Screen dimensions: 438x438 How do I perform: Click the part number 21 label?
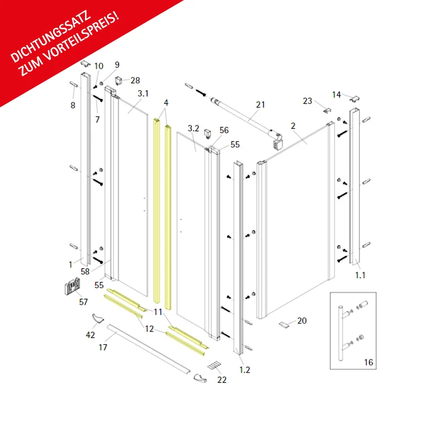point(260,104)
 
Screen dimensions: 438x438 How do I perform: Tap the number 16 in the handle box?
point(369,362)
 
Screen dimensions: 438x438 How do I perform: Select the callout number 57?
point(83,302)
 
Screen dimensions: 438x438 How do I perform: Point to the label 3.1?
point(143,93)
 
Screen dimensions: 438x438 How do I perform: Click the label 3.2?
point(194,128)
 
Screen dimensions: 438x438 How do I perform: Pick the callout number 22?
point(222,380)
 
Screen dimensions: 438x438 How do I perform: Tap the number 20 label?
point(302,321)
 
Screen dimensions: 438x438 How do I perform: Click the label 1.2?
point(244,370)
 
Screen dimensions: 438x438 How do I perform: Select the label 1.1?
point(360,275)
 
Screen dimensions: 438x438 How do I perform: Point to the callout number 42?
point(90,335)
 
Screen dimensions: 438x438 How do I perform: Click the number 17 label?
point(103,347)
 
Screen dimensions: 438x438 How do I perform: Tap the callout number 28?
point(135,80)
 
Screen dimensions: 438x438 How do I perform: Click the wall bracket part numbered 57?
point(73,286)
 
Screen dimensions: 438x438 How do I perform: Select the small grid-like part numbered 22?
point(214,365)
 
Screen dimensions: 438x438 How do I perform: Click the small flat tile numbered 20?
point(284,325)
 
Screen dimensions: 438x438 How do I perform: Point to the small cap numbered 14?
point(355,99)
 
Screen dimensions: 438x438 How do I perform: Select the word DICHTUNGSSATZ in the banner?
point(51,37)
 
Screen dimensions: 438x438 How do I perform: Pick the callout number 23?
point(307,101)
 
